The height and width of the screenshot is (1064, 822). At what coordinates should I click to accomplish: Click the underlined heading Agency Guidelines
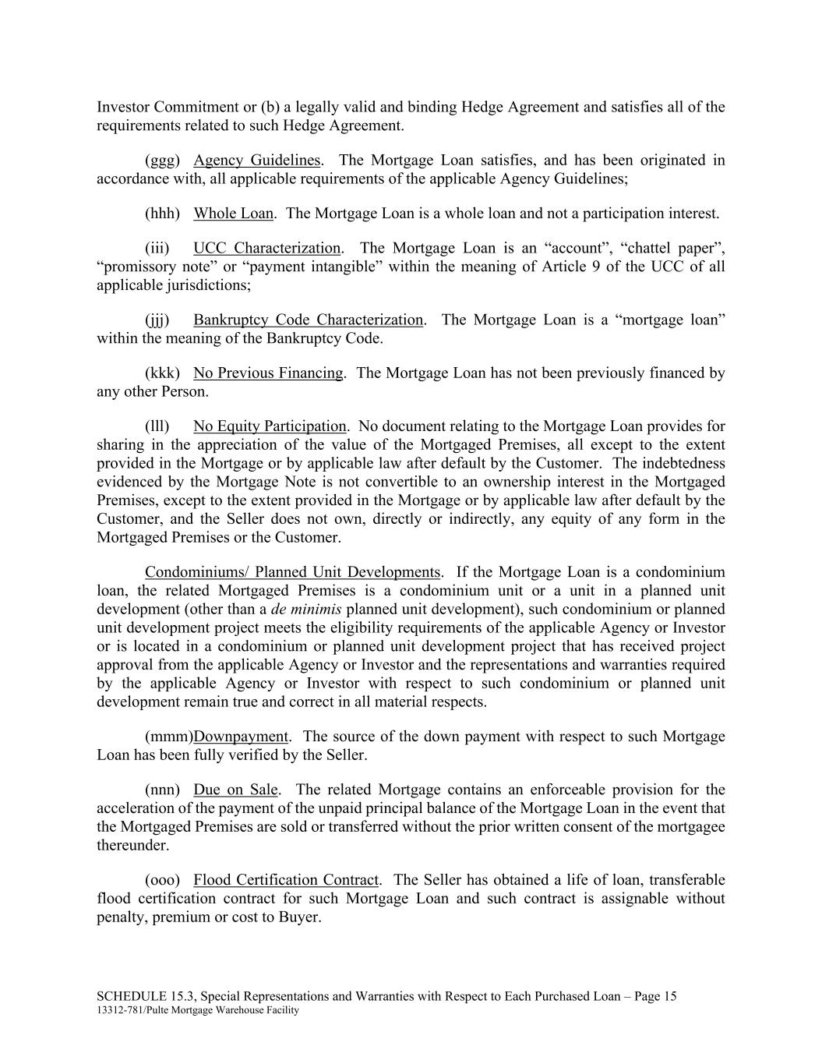[257, 161]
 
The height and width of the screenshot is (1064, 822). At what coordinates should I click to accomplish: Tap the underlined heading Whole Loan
[233, 214]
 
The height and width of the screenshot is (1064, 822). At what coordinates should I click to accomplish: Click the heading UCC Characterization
[266, 249]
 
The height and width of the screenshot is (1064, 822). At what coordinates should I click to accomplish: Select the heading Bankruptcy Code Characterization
[308, 320]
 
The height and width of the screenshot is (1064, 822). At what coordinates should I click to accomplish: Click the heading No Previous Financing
[268, 373]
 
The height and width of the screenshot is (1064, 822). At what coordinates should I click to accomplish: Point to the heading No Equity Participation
[270, 426]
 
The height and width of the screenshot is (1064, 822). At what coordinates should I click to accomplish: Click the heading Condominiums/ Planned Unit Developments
[292, 572]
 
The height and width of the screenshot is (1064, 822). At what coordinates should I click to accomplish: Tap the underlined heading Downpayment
[241, 737]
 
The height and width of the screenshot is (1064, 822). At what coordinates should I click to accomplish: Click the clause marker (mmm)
[168, 737]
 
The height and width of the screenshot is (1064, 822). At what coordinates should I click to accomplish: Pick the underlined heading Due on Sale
[235, 790]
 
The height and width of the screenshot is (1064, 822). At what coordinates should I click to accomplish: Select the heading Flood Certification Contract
[286, 880]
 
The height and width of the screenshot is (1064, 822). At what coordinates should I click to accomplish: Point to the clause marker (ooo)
[162, 880]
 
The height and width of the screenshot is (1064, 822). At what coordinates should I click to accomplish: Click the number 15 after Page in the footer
[669, 996]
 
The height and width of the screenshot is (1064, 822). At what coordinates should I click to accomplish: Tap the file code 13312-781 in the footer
[117, 1010]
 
